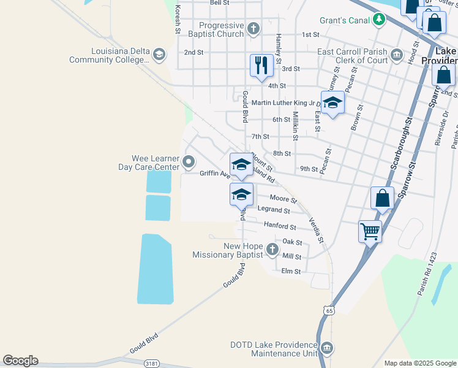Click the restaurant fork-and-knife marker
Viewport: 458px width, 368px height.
coord(261,65)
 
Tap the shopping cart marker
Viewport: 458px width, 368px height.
coord(370,232)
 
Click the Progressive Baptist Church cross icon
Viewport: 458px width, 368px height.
coord(253,28)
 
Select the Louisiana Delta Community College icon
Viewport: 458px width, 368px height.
coord(159,55)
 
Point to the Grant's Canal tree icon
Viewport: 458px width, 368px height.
coord(380,20)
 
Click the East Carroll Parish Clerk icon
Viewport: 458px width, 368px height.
coord(397,56)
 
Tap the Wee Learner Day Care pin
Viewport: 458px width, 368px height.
coord(189,163)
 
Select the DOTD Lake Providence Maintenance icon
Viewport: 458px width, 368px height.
coord(327,348)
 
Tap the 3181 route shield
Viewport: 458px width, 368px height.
coord(151,364)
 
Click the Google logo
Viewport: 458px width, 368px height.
coord(20,361)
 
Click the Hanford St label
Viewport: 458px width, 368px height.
coord(280,225)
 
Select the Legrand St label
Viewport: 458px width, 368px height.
coord(274,210)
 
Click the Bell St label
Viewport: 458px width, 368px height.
coord(219,3)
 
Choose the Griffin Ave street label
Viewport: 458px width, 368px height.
coord(214,174)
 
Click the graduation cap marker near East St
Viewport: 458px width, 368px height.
coord(332,102)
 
